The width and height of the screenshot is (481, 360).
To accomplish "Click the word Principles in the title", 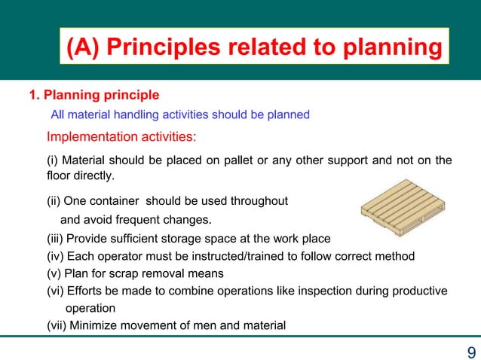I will (x=164, y=47).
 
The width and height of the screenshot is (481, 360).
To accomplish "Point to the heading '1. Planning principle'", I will (x=93, y=96).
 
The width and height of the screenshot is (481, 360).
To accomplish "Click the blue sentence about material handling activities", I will (x=179, y=115).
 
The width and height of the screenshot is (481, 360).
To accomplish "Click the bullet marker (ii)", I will (x=54, y=201).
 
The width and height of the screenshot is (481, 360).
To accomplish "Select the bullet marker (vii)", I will (x=57, y=325).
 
